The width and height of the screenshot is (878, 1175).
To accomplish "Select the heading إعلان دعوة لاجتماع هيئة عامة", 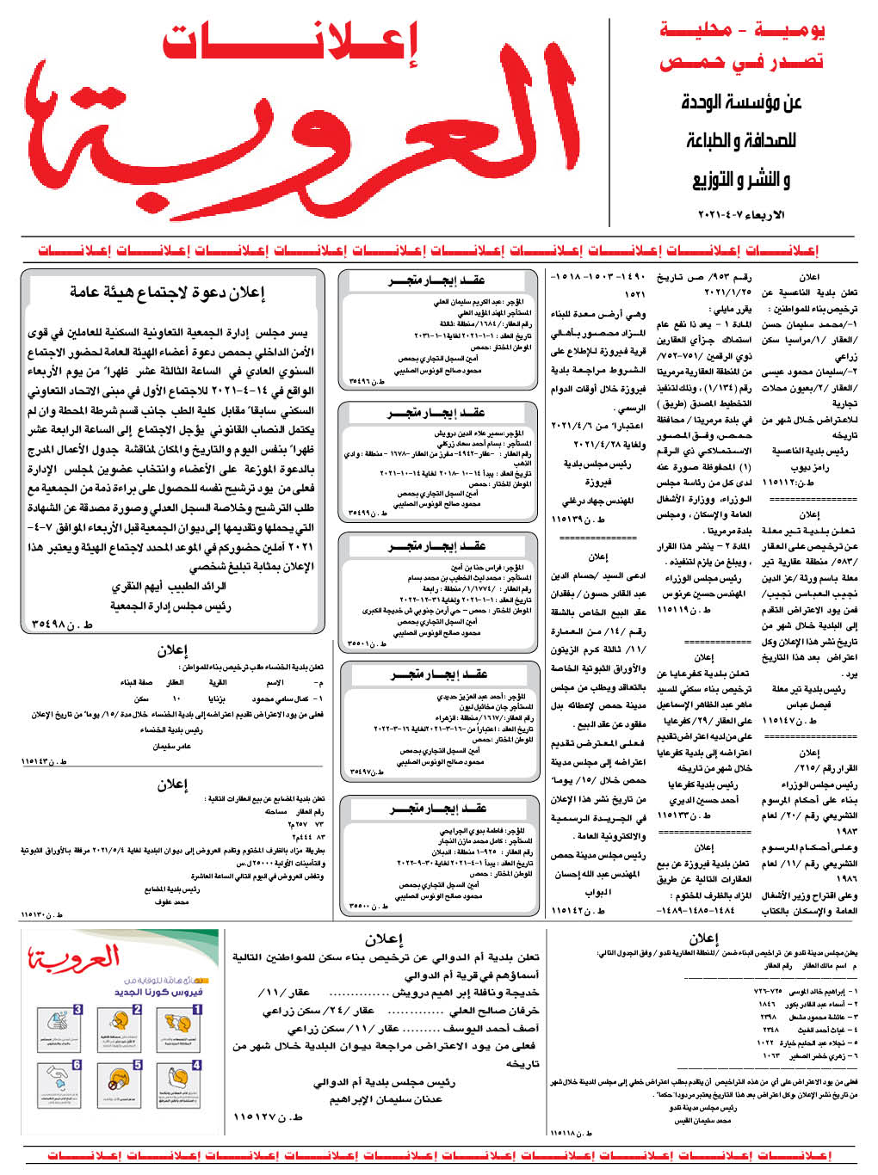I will (168, 292).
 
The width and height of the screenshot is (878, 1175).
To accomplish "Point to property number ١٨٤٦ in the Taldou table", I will (768, 1004).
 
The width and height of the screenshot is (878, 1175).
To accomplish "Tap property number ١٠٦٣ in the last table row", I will (771, 1055).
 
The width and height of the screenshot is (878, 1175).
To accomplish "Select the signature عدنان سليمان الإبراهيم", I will (386, 1098).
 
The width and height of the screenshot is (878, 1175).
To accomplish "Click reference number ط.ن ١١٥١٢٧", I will (269, 1117).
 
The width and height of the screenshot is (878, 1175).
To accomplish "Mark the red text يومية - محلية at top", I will (742, 31).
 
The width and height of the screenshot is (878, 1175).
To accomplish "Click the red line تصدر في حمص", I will (742, 62).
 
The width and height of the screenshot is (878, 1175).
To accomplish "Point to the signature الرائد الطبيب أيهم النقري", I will (169, 587).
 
